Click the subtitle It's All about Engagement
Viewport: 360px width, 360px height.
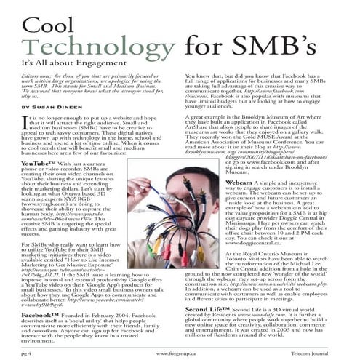tap(66, 63)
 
